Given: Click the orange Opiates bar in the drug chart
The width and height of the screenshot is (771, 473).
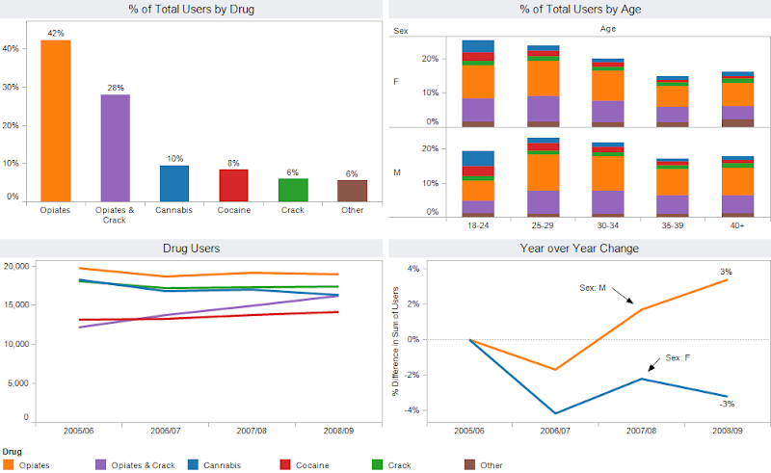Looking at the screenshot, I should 55,120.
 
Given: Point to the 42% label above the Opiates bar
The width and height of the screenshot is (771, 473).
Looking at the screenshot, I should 55,34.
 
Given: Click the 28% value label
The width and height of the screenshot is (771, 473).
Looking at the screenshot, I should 116,88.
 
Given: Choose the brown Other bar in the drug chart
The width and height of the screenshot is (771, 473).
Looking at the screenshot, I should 352,190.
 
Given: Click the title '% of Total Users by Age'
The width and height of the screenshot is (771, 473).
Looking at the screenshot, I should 580,10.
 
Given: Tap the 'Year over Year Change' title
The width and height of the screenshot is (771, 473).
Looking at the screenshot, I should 580,248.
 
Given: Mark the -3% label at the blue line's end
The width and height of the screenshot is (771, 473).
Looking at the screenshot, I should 727,404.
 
